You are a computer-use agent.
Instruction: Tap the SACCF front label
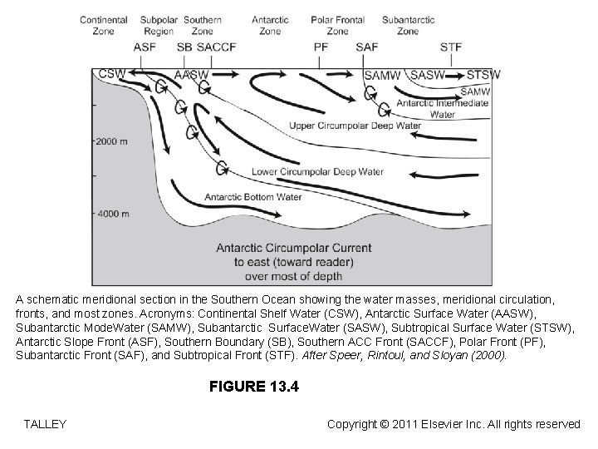tap(217, 47)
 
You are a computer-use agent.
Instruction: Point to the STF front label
tap(451, 47)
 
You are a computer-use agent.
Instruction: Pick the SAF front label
tap(366, 47)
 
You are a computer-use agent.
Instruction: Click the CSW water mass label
tap(112, 74)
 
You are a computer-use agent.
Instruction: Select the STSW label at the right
tap(483, 75)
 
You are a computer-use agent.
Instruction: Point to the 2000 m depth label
tap(113, 141)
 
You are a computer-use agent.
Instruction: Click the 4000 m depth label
tap(113, 214)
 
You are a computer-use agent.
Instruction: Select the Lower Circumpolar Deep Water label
tap(317, 172)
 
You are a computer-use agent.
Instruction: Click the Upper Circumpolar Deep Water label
tap(355, 126)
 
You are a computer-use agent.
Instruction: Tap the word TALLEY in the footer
tap(46, 424)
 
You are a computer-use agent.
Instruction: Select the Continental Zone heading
tap(104, 25)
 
